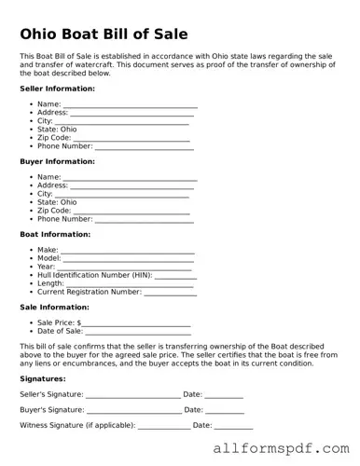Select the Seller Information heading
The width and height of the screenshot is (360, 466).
coord(57,89)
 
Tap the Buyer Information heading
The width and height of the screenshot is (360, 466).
coord(56,161)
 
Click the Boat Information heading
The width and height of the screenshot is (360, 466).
coord(55,234)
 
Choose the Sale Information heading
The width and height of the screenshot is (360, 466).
coord(55,307)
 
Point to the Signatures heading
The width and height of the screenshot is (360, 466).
coord(43,379)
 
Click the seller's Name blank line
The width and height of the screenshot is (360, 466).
coord(130,105)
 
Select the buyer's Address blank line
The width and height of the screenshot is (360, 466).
coord(134,186)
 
